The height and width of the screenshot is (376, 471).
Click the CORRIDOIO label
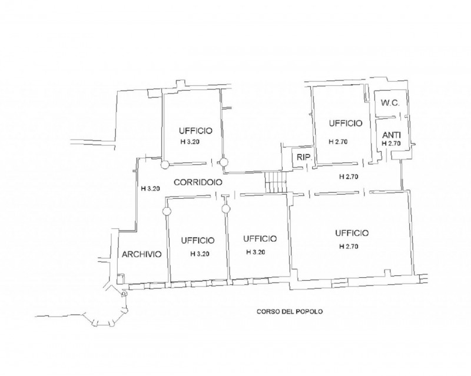[x=198, y=182]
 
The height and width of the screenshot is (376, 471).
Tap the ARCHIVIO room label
[x=142, y=254]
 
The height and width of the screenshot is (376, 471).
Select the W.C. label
[x=390, y=104]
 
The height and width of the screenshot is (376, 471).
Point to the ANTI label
[x=392, y=135]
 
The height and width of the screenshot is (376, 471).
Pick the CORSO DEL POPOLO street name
[x=290, y=312]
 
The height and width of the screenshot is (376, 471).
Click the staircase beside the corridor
[x=276, y=182]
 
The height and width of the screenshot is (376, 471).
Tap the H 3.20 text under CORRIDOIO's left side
[x=150, y=189]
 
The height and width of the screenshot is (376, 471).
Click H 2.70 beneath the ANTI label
[x=391, y=144]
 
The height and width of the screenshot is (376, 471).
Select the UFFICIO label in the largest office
[x=352, y=233]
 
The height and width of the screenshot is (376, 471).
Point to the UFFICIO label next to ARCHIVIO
[x=198, y=241]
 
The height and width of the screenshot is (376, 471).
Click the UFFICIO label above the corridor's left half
[x=195, y=131]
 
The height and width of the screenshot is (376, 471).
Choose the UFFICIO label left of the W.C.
[x=346, y=124]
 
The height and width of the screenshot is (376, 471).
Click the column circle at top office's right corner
[x=224, y=162]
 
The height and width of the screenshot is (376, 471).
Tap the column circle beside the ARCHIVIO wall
[x=167, y=211]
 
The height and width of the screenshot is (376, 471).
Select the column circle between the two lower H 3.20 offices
[x=226, y=208]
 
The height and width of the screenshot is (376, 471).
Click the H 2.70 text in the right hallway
[x=349, y=177]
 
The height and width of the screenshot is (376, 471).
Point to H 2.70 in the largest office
[x=349, y=247]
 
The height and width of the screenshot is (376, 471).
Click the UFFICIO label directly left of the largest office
[x=260, y=239]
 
